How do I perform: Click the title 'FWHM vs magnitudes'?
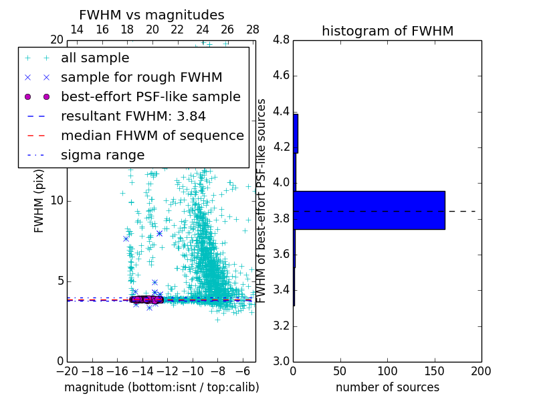point(151,15)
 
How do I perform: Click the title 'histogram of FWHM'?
point(387,31)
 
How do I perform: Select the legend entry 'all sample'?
point(95,58)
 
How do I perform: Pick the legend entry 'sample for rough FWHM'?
point(141,77)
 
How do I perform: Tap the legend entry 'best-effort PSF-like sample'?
point(150,96)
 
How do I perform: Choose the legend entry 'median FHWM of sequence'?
point(152,135)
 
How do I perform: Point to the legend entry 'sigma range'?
point(102,155)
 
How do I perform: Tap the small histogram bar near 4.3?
point(296,133)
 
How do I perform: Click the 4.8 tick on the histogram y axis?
point(281,40)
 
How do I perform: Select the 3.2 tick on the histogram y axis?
point(281,326)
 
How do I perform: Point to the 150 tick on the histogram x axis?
point(434,371)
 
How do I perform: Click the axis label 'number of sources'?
point(387,387)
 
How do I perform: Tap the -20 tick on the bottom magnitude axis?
point(67,371)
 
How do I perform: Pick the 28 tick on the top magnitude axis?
point(253,29)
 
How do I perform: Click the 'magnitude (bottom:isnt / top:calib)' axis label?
point(161,387)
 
